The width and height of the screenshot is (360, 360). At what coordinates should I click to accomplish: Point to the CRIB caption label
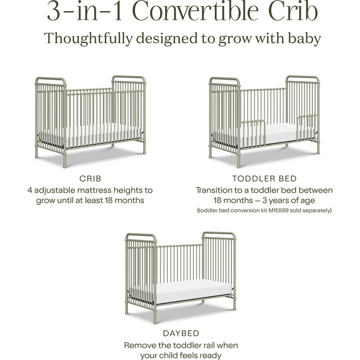[x=90, y=178]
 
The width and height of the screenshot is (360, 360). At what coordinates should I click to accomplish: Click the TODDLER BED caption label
[x=264, y=178]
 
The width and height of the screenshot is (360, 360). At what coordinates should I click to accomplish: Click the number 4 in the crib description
[x=30, y=190]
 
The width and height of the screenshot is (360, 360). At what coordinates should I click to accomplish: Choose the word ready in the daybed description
[x=208, y=355]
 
